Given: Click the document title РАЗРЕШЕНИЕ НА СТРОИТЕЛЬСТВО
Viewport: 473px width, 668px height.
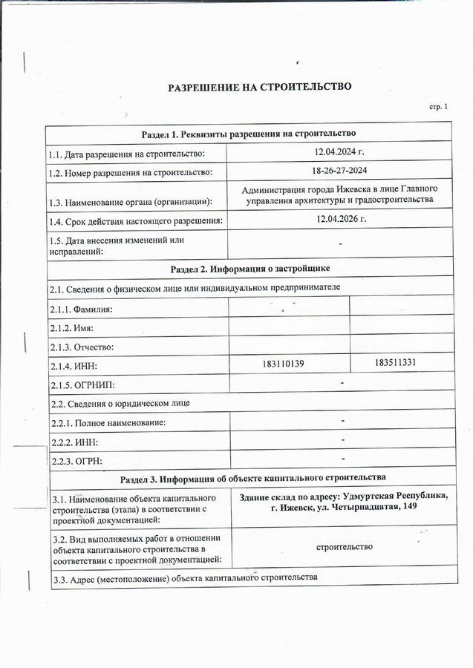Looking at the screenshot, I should [x=259, y=87].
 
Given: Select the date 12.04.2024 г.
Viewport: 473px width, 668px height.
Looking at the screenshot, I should [x=339, y=152].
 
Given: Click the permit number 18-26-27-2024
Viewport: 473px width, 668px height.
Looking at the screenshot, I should [x=339, y=171].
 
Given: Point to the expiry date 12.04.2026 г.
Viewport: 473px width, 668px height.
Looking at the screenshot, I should [x=339, y=220].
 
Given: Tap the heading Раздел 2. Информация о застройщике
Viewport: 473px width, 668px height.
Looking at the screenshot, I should [x=249, y=268].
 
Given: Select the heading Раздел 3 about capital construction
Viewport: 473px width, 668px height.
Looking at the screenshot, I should [x=251, y=477].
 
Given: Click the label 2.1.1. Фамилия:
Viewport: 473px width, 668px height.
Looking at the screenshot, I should [x=82, y=309].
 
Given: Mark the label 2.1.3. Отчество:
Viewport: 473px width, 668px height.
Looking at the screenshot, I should [x=82, y=347].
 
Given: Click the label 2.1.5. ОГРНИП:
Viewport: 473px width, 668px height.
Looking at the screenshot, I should [x=82, y=385].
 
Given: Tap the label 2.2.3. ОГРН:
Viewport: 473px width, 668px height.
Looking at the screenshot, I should [x=76, y=461].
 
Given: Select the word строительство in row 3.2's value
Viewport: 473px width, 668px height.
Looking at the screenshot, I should [x=344, y=547].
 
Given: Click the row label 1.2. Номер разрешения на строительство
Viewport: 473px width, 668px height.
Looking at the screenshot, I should [x=131, y=172].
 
